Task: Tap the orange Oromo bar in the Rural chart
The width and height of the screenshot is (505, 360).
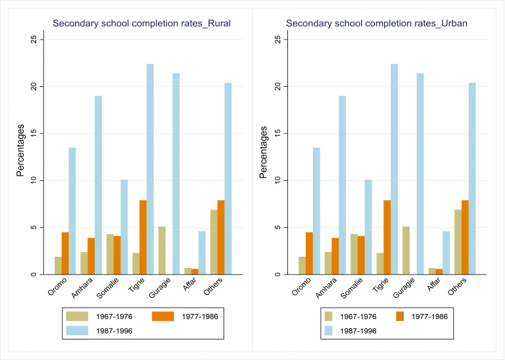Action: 64,253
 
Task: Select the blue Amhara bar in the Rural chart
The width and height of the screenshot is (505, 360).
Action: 98,185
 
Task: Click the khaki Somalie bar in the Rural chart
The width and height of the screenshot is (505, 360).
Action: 110,254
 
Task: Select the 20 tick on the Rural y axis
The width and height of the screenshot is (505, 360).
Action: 36,86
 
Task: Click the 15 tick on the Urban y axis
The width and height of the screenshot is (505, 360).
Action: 278,134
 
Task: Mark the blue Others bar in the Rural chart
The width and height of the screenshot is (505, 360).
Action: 228,178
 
